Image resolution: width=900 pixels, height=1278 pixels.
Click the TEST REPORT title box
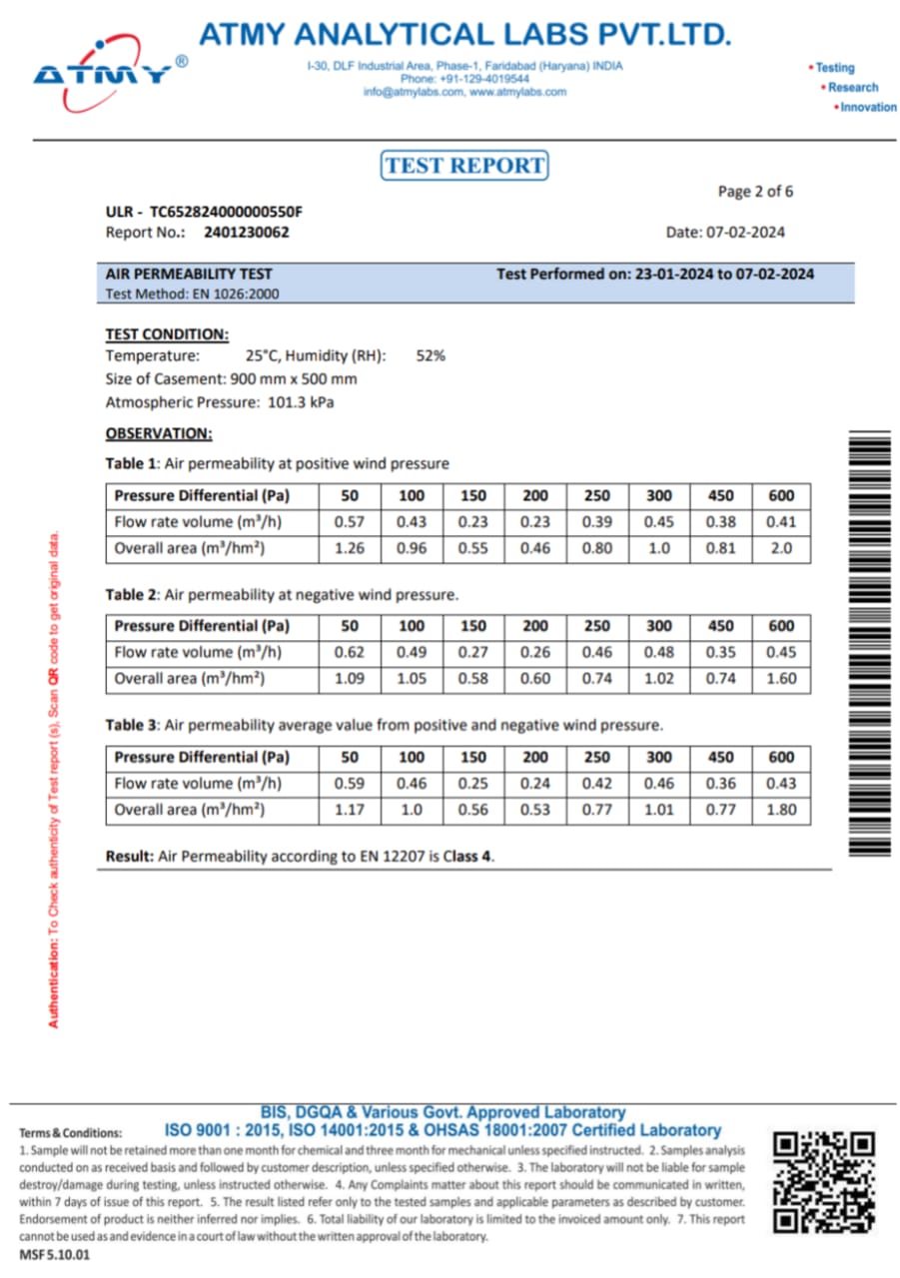tap(464, 165)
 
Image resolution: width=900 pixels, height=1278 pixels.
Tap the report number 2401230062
tap(247, 233)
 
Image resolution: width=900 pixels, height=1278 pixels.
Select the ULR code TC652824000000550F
tap(226, 212)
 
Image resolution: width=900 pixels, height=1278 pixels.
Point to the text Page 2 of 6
tap(755, 191)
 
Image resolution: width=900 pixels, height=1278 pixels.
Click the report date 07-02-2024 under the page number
tap(745, 233)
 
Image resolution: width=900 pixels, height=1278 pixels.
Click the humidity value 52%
tap(431, 355)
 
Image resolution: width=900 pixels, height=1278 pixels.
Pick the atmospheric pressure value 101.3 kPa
tap(302, 402)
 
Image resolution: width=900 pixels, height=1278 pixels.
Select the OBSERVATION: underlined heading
tap(159, 433)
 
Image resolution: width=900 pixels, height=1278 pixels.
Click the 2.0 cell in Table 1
tap(781, 548)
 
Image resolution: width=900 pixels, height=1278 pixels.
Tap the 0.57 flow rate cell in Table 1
tap(350, 522)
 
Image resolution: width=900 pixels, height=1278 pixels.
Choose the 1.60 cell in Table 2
tap(781, 679)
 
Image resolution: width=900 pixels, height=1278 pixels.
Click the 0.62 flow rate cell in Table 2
tap(350, 653)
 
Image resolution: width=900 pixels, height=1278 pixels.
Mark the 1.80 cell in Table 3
tap(781, 810)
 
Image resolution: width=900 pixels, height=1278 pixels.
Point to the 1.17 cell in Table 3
tap(350, 810)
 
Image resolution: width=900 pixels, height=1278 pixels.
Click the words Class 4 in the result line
tap(468, 857)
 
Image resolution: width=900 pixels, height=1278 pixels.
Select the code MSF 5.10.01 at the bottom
tap(54, 1256)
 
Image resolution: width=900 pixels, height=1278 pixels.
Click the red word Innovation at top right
tap(867, 107)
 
